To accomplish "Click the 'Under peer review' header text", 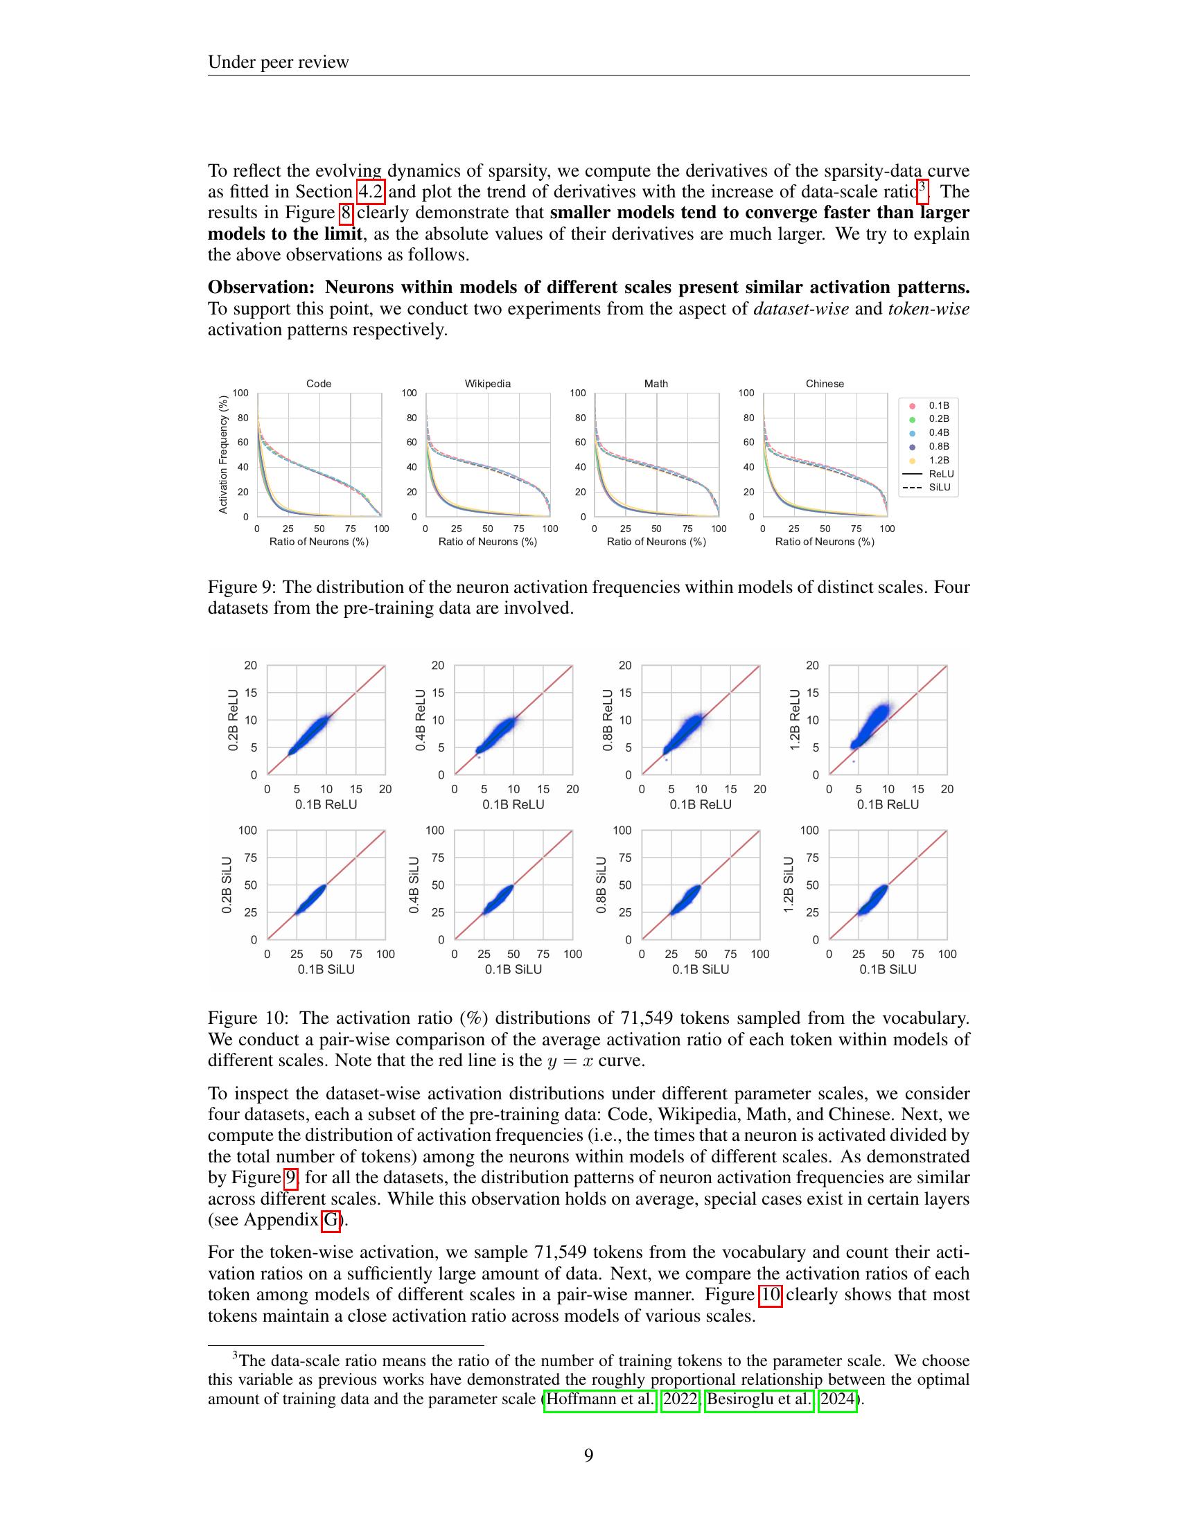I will [278, 62].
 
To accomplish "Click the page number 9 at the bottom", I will [588, 1455].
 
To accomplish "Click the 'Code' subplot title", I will [319, 384].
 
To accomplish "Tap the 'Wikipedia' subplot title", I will [488, 384].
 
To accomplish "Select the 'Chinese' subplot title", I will [825, 384].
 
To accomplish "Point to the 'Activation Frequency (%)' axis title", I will [223, 454].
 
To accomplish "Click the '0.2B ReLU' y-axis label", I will [234, 720].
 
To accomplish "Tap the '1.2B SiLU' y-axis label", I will [789, 885].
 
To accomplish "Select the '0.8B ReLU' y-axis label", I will [608, 720].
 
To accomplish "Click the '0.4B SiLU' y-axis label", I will [414, 885].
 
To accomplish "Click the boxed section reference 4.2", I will [371, 192].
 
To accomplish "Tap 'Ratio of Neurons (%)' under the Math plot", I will [656, 542].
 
